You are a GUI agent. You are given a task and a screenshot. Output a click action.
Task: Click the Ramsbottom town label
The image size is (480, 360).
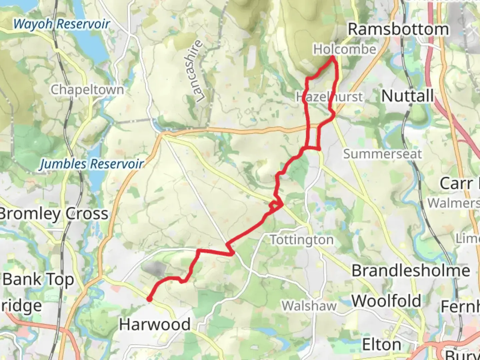click(398, 29)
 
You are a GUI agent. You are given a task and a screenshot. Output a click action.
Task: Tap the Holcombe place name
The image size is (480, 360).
click(345, 49)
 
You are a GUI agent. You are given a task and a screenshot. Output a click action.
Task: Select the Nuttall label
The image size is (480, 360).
click(408, 96)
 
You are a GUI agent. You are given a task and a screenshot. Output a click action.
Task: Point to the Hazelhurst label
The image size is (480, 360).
click(329, 97)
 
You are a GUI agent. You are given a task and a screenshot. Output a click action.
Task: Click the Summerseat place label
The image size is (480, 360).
click(382, 154)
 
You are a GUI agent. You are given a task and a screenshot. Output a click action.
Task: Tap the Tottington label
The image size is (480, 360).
click(301, 240)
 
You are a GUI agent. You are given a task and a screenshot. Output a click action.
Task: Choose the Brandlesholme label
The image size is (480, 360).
click(411, 270)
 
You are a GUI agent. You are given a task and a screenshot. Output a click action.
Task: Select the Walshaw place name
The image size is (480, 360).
click(309, 306)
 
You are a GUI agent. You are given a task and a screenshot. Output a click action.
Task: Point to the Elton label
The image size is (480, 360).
click(381, 344)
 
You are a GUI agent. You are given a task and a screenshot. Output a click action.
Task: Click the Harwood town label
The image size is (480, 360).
click(155, 324)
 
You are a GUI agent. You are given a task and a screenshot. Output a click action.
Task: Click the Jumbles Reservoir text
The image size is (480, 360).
click(92, 164)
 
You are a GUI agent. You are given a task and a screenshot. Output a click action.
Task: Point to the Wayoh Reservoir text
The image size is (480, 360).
click(62, 24)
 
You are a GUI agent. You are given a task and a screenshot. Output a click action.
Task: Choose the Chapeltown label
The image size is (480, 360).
click(87, 89)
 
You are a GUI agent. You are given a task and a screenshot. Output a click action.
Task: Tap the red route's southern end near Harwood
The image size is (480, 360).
click(150, 299)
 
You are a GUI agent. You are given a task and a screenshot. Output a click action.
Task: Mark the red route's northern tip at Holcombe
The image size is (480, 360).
click(333, 57)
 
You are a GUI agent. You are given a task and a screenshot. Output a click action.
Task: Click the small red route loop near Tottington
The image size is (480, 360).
click(275, 206)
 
